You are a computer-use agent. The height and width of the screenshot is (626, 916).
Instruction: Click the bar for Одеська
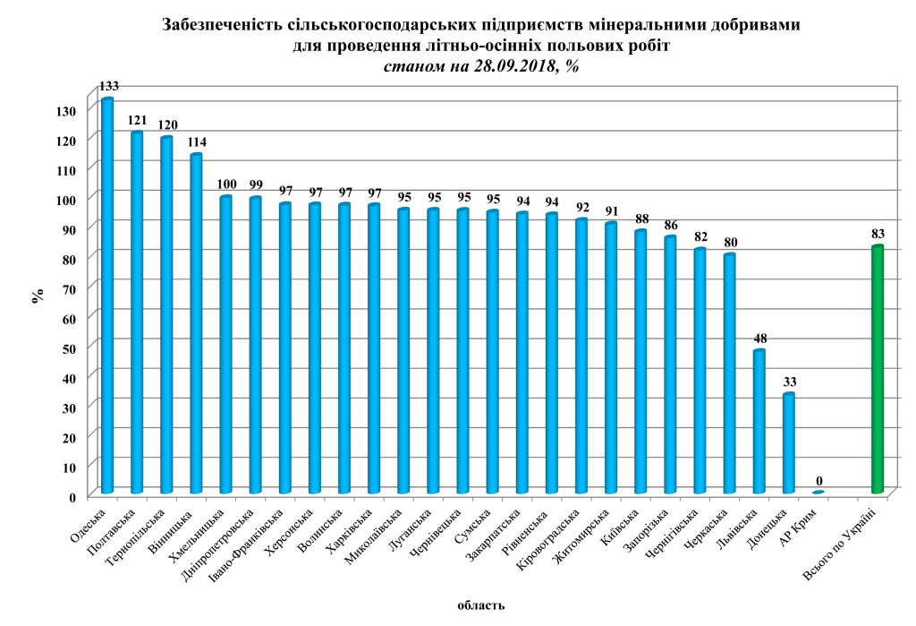(x=107, y=296)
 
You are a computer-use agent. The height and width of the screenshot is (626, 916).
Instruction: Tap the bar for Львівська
(x=759, y=421)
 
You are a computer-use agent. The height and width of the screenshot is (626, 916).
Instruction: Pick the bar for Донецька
(x=788, y=443)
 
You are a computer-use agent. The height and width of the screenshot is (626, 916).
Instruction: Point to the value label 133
(x=108, y=87)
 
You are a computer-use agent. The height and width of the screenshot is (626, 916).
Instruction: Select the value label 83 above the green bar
(x=878, y=234)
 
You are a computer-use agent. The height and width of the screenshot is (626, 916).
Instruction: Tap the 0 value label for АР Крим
(x=818, y=480)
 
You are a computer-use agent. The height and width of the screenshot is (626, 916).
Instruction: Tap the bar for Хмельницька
(x=226, y=345)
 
